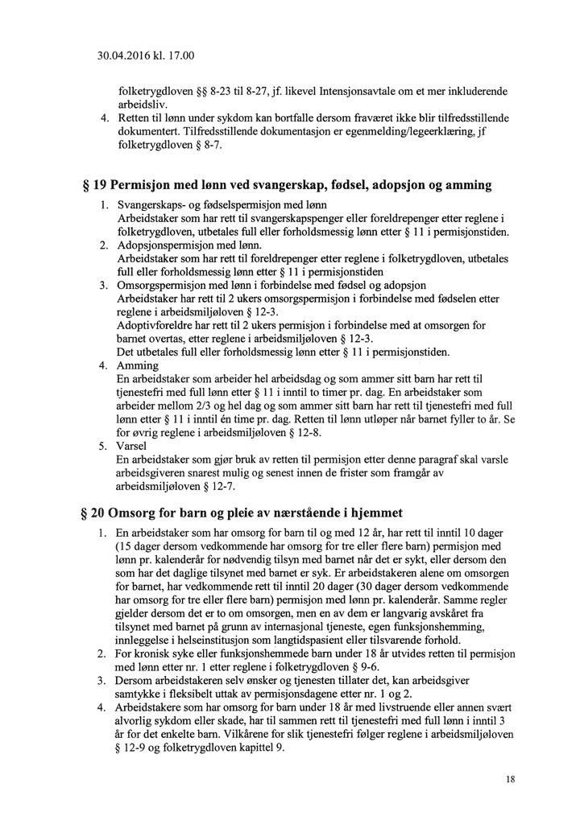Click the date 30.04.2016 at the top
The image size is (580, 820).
pos(122,56)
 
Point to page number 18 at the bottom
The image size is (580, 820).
pos(511,779)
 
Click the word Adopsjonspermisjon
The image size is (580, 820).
pos(169,245)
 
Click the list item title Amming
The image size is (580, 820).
pos(138,366)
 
